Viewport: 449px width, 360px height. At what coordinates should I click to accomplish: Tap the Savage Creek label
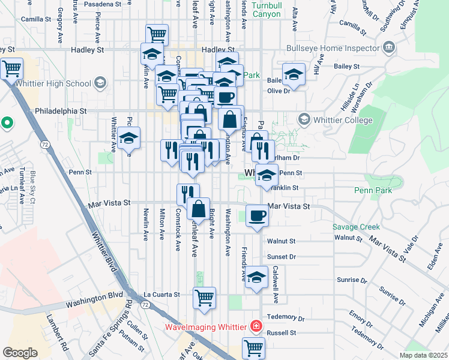click(357, 227)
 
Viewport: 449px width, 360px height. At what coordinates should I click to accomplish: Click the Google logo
click(20, 352)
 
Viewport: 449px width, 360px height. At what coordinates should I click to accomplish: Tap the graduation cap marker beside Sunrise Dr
click(256, 278)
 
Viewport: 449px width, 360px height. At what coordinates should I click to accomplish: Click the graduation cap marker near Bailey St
click(294, 75)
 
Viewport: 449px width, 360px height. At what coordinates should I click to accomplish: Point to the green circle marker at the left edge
click(7, 123)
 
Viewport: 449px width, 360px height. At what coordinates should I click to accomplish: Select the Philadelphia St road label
click(61, 111)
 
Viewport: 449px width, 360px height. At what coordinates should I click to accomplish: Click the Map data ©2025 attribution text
click(424, 355)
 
